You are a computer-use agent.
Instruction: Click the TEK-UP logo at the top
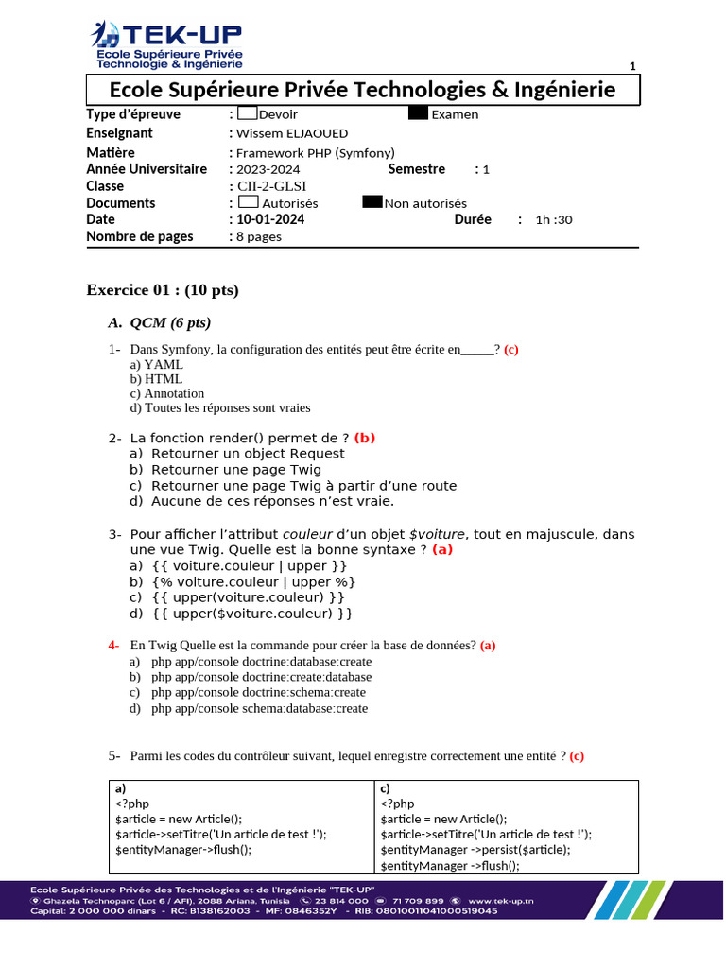[x=166, y=44]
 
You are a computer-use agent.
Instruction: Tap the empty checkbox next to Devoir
[x=248, y=113]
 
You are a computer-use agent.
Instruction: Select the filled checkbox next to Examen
[x=419, y=113]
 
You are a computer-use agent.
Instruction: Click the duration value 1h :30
[x=554, y=220]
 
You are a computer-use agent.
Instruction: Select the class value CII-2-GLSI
[x=271, y=186]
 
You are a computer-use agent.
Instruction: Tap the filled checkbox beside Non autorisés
[x=372, y=202]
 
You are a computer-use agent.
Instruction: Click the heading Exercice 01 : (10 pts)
[x=163, y=290]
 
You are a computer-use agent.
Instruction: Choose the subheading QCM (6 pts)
[x=170, y=323]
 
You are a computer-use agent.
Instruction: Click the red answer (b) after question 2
[x=365, y=438]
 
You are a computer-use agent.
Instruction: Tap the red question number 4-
[x=113, y=646]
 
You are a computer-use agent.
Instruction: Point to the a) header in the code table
[x=120, y=788]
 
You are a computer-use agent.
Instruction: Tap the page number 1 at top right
[x=632, y=65]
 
